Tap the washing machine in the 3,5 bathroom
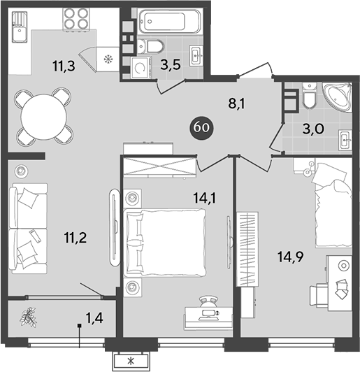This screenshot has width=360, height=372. (x=142, y=68)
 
